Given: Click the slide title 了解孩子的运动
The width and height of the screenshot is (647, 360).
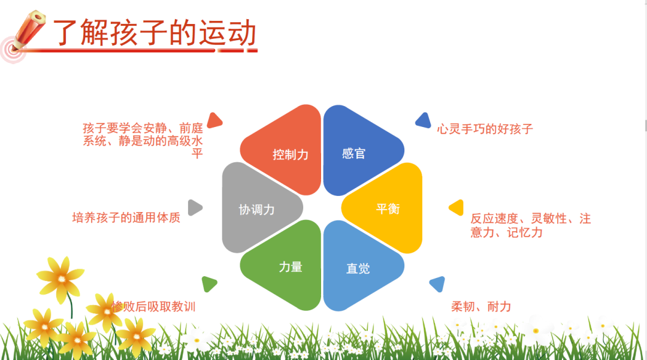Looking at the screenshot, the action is point(155,32).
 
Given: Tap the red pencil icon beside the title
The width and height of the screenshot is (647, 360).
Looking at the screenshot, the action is point(28,30).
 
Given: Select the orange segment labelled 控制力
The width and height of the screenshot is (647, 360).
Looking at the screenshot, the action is point(284,150).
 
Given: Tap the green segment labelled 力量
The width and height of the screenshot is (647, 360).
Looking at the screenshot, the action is point(284,265).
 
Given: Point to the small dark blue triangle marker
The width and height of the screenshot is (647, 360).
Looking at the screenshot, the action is point(424,120).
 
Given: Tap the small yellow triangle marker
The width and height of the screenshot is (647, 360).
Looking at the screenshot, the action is point(456,207).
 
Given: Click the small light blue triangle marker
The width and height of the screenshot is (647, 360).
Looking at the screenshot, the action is point(438,284).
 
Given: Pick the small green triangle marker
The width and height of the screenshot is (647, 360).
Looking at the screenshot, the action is point(209,284).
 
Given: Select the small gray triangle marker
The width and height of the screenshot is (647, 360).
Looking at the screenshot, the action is point(195,207).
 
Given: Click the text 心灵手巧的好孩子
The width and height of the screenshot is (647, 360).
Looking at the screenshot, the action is point(485,129).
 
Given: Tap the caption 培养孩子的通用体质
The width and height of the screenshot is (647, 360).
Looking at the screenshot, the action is point(126,217).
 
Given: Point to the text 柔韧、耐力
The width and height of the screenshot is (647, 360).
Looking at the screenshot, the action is point(481,307).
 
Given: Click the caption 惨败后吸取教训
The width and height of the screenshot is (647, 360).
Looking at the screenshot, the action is point(153,307).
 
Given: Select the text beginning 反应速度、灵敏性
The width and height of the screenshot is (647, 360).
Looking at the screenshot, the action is point(531,225).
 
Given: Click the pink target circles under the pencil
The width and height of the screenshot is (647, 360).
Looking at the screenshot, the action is point(13,50).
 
